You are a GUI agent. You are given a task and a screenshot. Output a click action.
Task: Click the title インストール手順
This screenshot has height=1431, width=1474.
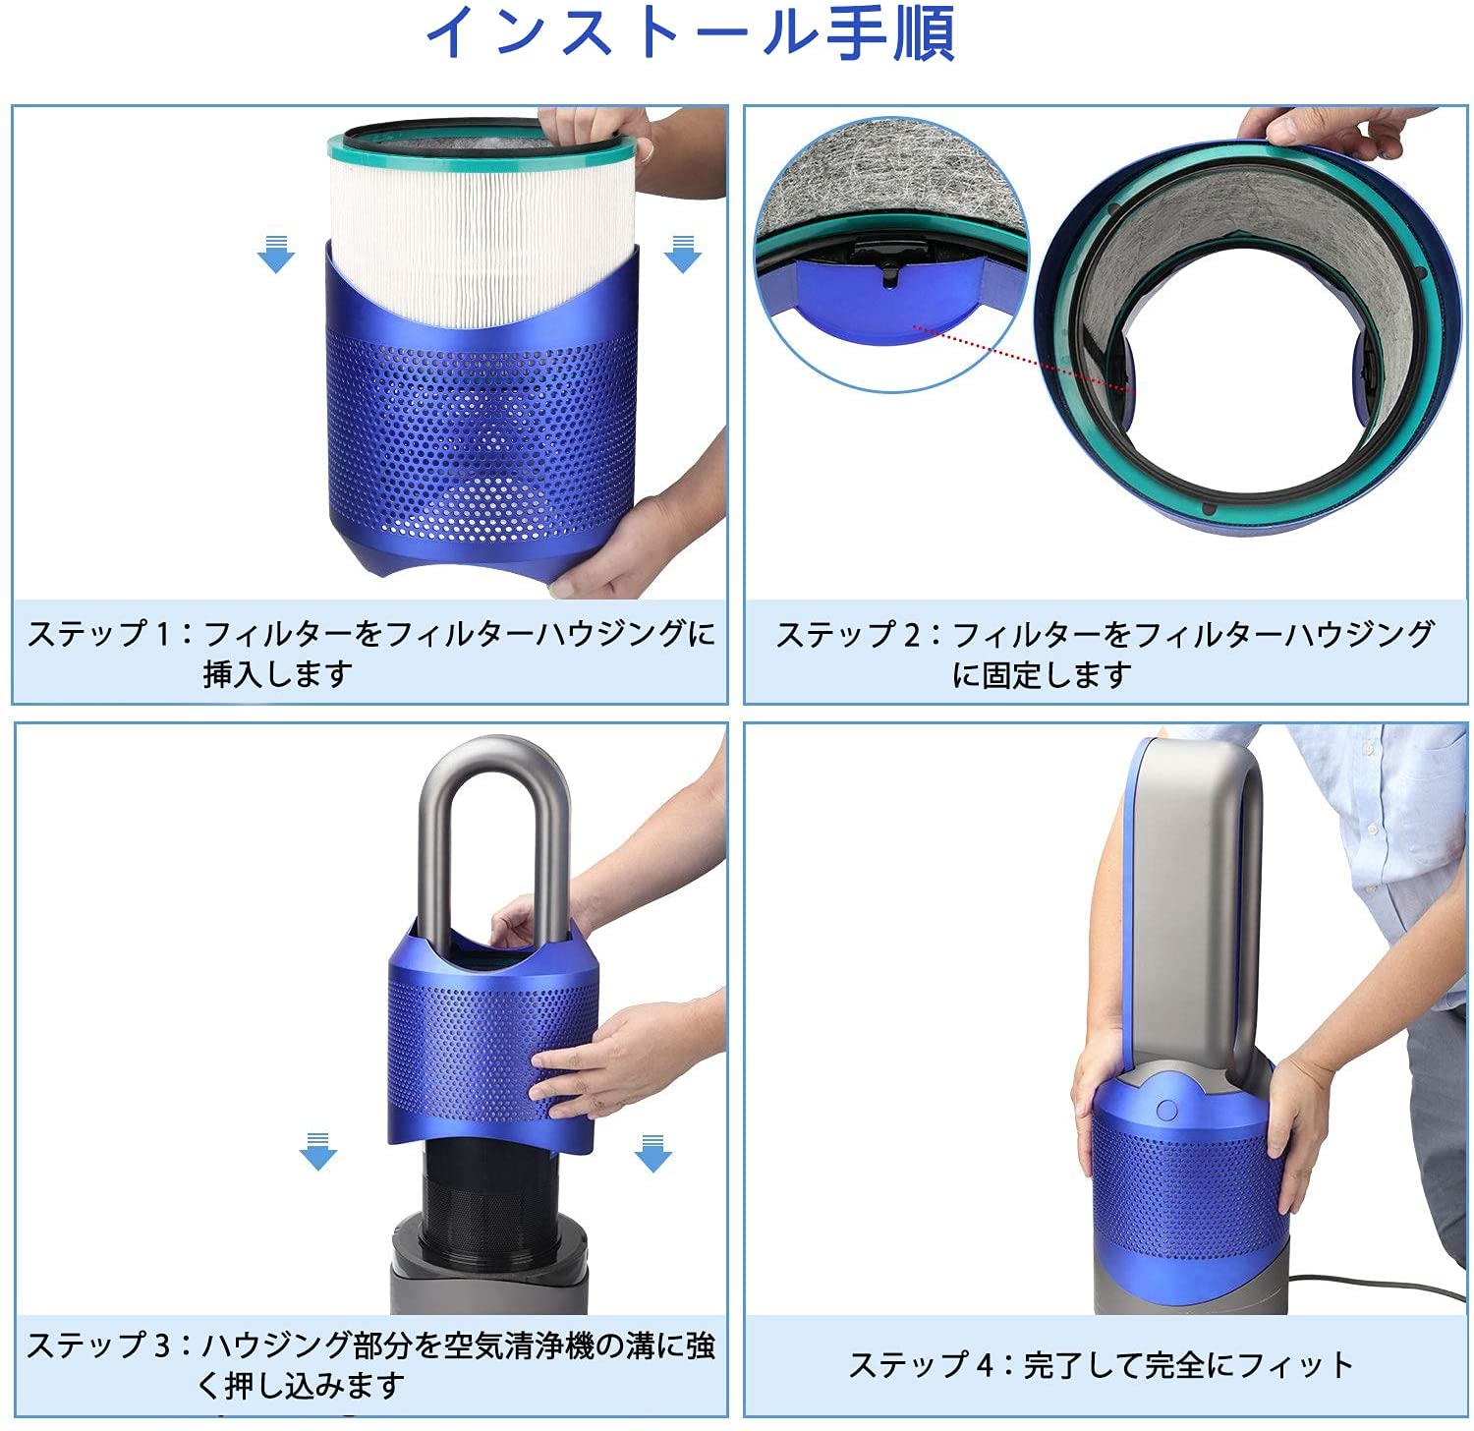(x=690, y=34)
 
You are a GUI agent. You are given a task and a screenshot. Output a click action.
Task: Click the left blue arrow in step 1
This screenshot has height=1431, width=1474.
(x=275, y=254)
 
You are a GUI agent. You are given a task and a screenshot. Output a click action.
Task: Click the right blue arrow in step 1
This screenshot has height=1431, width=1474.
(x=682, y=254)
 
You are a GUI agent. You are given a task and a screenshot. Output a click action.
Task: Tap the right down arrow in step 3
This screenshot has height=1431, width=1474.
(x=652, y=1153)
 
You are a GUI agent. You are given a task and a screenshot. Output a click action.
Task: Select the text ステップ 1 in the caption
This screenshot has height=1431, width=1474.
(x=97, y=634)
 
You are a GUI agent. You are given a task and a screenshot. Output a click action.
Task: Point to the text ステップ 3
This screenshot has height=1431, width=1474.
(x=97, y=1345)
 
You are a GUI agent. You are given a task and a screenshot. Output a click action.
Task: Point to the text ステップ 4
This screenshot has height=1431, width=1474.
(x=920, y=1365)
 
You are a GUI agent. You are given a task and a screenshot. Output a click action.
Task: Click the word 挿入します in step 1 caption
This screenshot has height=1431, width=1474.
(x=278, y=674)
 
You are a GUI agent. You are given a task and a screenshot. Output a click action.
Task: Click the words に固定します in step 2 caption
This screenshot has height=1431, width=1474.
(x=1042, y=675)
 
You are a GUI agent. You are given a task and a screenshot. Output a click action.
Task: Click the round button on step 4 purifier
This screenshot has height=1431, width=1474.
(x=1166, y=1110)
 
